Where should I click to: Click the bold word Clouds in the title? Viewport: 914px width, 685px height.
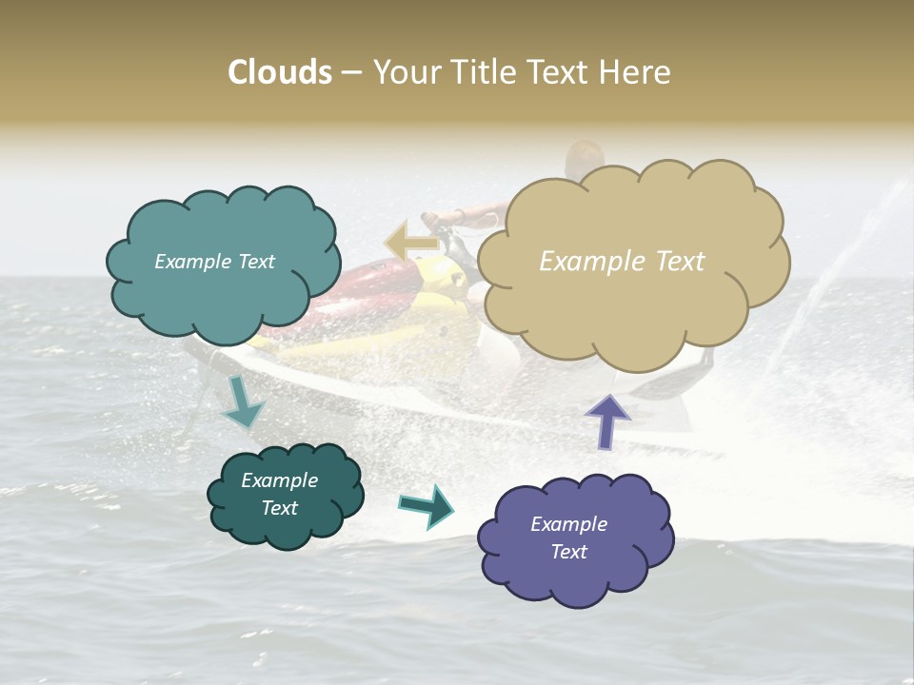tap(280, 72)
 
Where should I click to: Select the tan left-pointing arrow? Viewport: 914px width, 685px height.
tap(411, 242)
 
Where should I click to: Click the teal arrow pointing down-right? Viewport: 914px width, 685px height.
tap(241, 403)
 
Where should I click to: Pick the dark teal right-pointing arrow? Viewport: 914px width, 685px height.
tap(426, 506)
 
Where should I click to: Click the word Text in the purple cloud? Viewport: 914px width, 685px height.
tap(568, 552)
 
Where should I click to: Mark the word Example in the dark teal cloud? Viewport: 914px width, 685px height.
tap(279, 480)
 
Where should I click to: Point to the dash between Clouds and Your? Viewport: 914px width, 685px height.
tap(351, 73)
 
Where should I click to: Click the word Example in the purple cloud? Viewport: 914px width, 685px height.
tap(568, 524)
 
